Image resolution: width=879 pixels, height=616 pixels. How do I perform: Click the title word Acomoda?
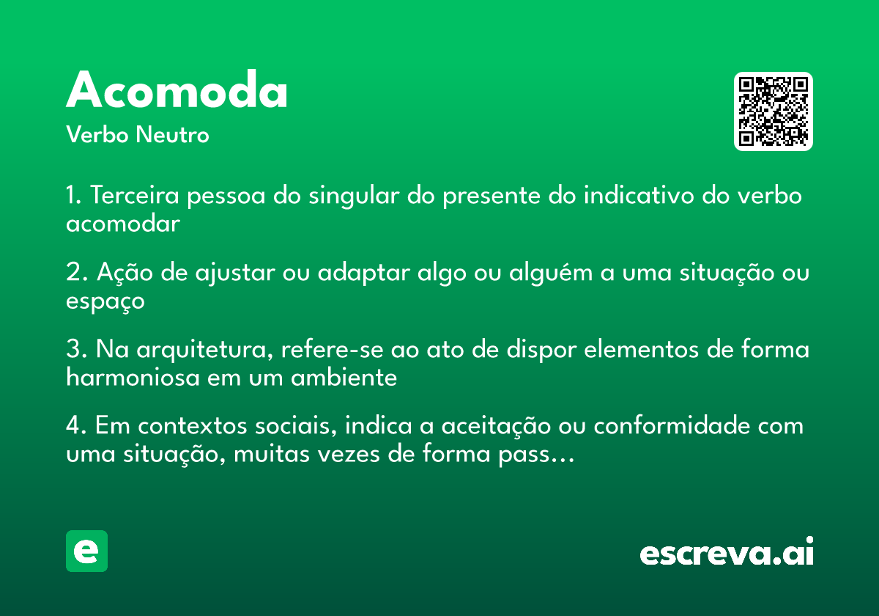[x=177, y=89]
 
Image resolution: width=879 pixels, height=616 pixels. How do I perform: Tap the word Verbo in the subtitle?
[x=97, y=134]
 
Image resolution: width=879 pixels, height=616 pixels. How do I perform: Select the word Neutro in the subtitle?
[x=172, y=134]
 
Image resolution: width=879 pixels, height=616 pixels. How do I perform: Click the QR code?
[x=773, y=111]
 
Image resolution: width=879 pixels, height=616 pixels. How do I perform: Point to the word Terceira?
[x=135, y=195]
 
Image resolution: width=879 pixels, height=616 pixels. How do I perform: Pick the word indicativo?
[x=639, y=195]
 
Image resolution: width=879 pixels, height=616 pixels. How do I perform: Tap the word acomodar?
[x=123, y=224]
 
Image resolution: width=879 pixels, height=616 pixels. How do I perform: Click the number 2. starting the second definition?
[x=77, y=272]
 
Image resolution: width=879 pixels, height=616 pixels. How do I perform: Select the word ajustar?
[x=235, y=273]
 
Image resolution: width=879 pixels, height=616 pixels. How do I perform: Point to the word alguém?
[x=551, y=273]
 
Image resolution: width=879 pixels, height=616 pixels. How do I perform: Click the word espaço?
[x=105, y=302]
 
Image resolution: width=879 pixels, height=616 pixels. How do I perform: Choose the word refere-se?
[x=332, y=349]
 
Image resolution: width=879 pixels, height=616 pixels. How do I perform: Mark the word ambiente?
[x=344, y=377]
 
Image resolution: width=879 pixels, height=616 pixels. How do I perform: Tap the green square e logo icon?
[x=86, y=551]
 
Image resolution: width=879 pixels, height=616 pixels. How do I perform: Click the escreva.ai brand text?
[x=727, y=551]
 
